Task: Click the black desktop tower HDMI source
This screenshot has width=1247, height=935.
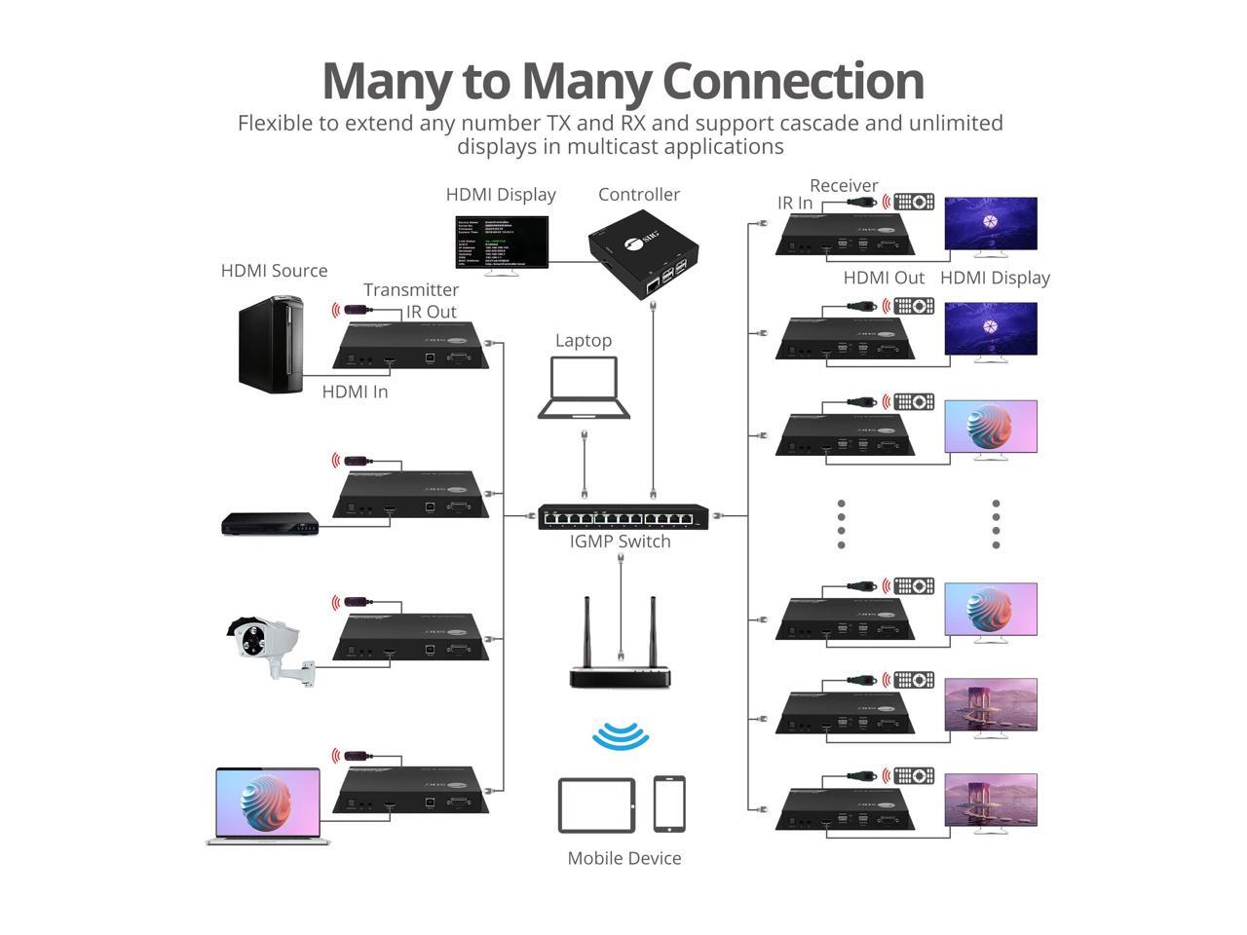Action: pos(266,346)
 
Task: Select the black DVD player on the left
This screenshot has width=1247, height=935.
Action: pos(270,524)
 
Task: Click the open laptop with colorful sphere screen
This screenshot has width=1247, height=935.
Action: pos(269,806)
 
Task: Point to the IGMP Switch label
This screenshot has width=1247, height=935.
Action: pos(620,542)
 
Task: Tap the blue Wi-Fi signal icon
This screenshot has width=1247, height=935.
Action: pos(621,735)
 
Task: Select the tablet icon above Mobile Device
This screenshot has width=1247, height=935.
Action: pos(596,805)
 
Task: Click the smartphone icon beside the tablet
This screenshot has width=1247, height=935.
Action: pos(669,804)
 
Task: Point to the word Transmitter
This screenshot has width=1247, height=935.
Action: pos(411,290)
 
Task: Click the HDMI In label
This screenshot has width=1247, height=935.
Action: pos(355,392)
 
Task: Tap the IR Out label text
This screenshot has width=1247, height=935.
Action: pos(432,312)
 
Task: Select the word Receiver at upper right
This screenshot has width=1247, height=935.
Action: pos(844,186)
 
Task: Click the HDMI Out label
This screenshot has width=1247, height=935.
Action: pos(884,278)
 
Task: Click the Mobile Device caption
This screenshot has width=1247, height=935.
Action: pos(624,858)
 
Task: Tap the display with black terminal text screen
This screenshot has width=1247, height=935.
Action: pos(502,242)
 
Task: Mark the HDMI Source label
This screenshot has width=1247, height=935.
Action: pos(274,271)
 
